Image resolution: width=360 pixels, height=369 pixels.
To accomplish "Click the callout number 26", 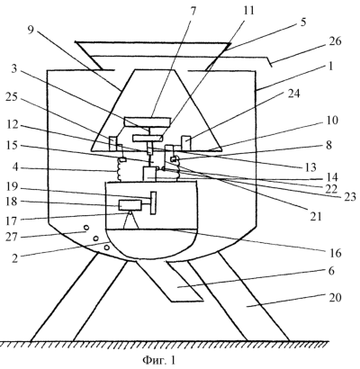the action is click(334, 40).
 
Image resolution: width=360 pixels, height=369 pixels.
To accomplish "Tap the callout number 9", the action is click(31, 31).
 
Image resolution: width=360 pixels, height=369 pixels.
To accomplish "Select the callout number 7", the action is click(193, 11).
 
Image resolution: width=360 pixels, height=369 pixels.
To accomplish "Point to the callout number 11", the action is click(248, 11).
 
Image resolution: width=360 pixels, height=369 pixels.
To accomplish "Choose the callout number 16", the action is click(335, 253).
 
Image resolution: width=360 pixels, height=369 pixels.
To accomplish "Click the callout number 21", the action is click(315, 216).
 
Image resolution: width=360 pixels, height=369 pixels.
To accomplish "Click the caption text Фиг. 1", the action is click(158, 359).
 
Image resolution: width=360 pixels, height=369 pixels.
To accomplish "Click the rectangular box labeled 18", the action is click(130, 205).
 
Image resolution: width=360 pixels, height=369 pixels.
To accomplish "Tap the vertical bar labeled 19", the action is click(153, 202).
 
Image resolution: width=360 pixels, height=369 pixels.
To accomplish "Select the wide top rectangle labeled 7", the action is click(147, 121).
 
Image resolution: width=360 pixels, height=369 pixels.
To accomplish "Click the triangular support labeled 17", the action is click(130, 220).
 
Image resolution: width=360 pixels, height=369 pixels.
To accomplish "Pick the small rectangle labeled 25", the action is click(112, 143).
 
